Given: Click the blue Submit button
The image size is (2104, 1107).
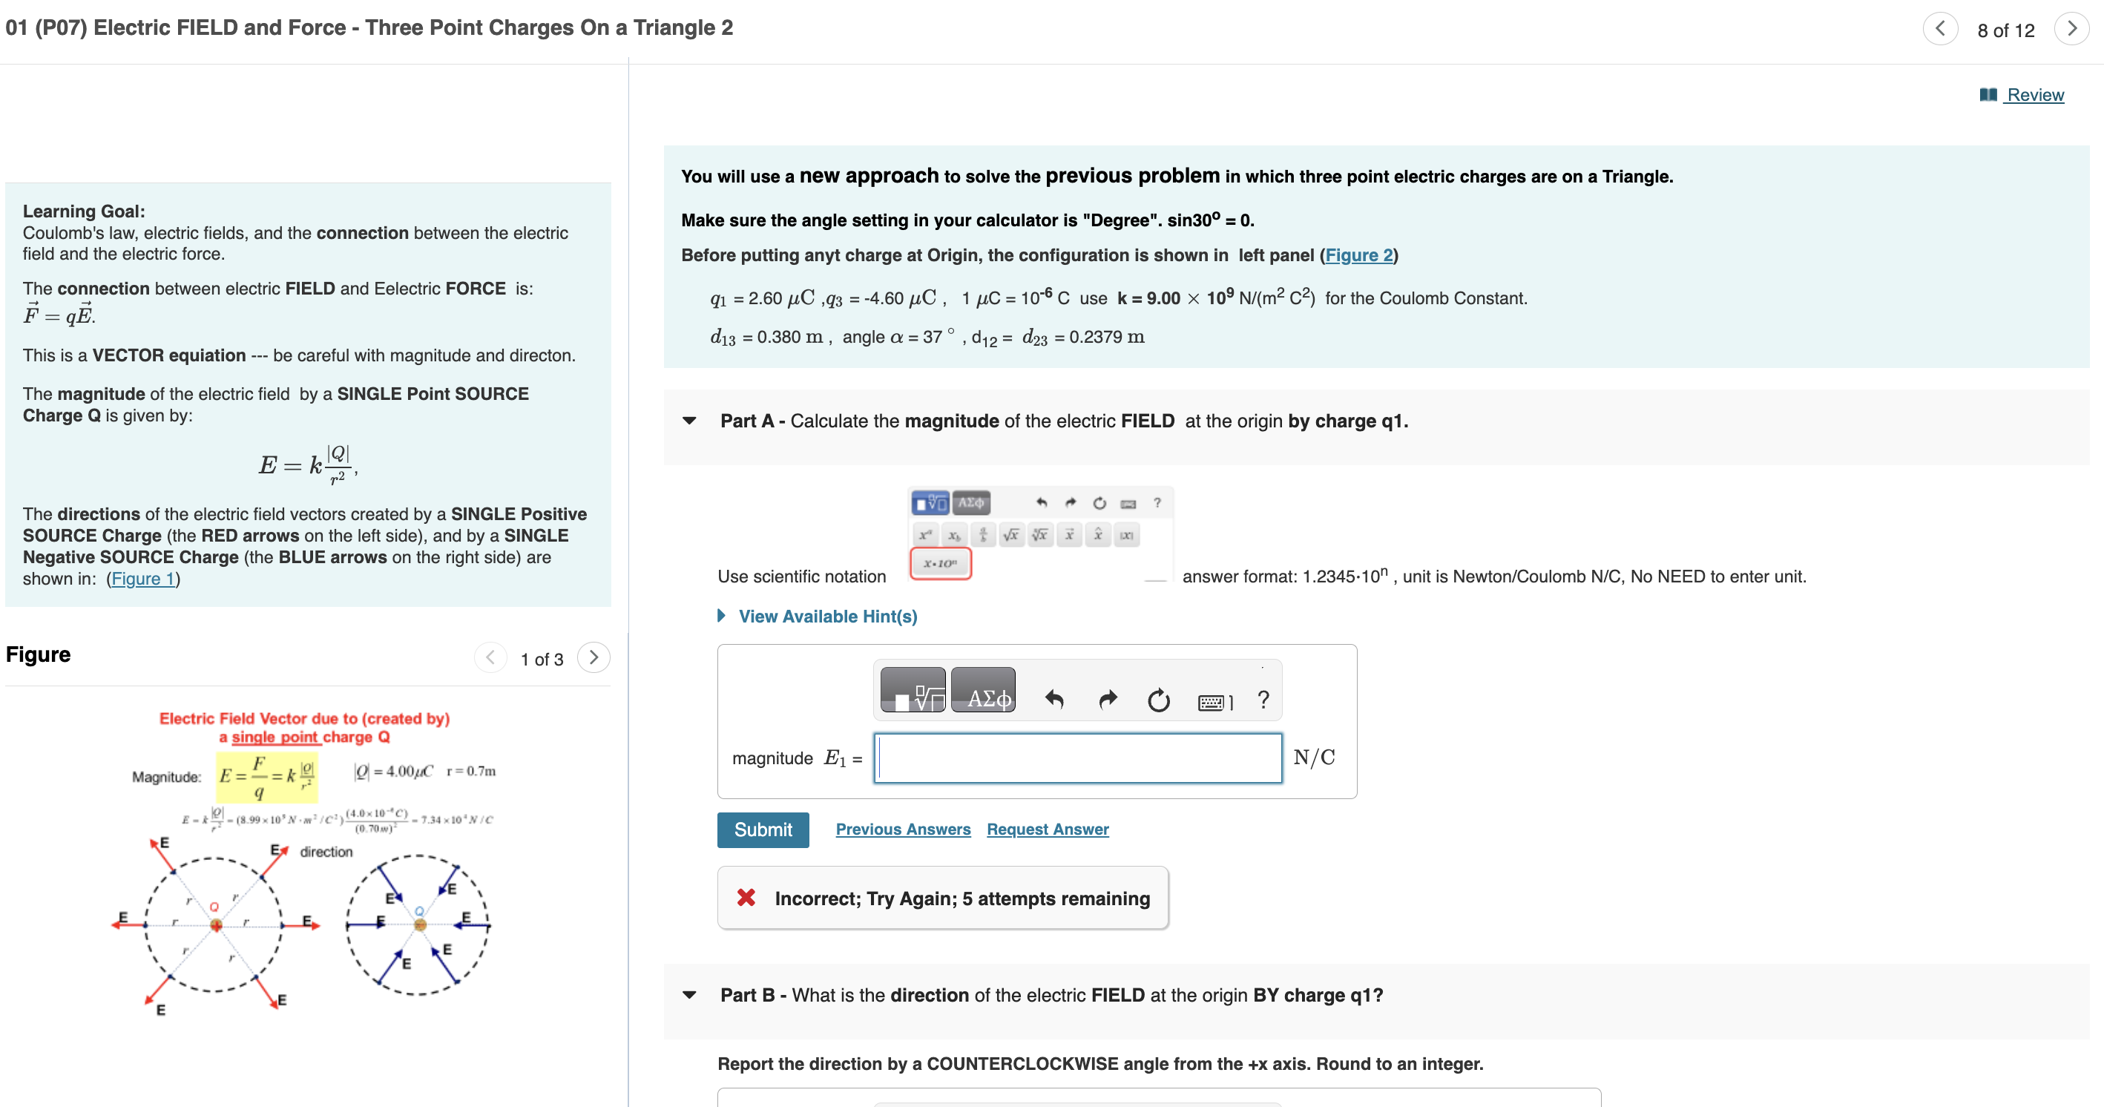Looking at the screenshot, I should pos(762,830).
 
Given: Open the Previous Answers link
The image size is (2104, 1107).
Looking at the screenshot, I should pos(903,830).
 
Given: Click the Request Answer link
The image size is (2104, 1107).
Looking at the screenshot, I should pos(1047,830).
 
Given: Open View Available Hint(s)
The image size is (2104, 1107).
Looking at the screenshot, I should pos(826,616).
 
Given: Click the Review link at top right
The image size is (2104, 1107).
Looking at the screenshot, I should pos(2034,95).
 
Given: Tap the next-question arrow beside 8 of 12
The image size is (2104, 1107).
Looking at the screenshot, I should pos(2071,30).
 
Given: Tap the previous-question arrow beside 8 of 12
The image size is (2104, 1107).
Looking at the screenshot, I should pos(1940,30).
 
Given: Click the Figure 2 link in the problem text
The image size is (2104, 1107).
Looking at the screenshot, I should pos(1358,255).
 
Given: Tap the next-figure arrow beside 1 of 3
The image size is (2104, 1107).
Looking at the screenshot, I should pos(593,657).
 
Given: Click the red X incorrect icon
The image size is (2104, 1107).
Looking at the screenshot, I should pos(746,898).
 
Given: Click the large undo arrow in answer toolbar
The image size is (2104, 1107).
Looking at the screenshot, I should pos(1053,700).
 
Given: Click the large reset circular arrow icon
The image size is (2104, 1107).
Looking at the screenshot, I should pos(1158,700).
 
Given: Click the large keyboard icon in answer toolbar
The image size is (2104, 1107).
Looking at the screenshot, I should pos(1213,701).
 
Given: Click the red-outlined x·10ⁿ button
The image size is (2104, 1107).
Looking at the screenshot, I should pos(940,564).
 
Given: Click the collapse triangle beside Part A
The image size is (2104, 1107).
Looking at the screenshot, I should pos(689,421).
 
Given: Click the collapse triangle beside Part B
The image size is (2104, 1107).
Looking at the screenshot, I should pos(689,995).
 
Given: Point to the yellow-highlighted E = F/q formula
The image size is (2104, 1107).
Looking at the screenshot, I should pos(266,776).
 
